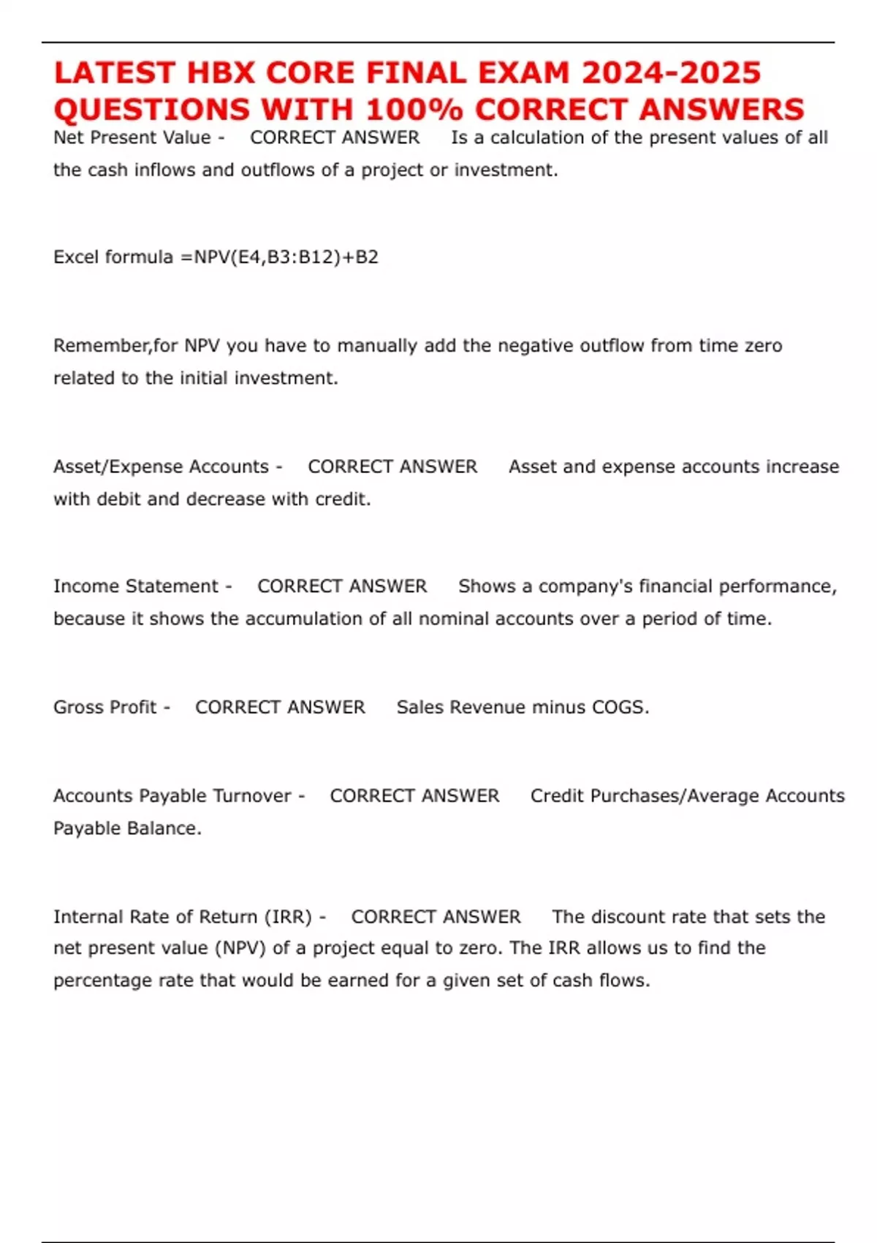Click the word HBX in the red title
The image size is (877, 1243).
click(221, 72)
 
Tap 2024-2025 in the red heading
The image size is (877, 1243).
click(670, 72)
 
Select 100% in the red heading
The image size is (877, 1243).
click(414, 110)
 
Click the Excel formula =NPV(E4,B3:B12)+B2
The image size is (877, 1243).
click(286, 257)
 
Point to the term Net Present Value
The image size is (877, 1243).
click(132, 137)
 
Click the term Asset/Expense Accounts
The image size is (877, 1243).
click(161, 466)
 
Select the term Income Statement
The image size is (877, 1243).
click(135, 586)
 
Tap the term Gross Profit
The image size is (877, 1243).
click(105, 707)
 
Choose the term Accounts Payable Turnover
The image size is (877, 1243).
click(172, 796)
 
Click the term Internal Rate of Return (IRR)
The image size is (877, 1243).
click(182, 917)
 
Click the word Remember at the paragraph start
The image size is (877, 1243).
click(101, 346)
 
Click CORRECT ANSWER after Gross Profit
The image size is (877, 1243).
click(280, 707)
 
